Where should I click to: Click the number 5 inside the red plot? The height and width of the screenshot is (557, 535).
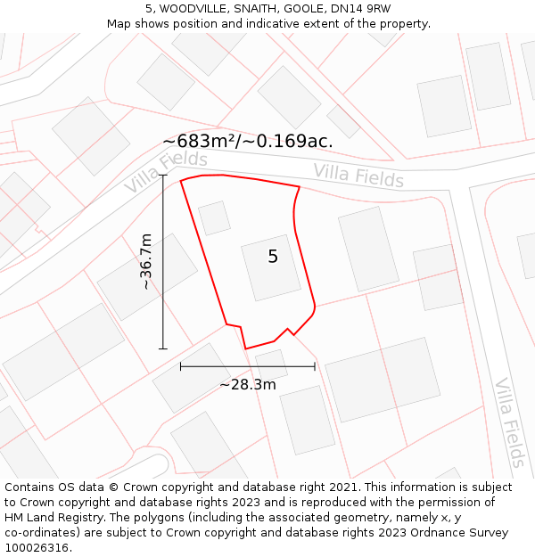coord(273,257)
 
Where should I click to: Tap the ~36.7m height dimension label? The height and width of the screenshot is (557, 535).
coord(146,262)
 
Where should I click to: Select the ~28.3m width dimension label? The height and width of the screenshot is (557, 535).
coord(248,384)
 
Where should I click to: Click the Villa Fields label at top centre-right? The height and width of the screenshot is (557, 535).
coord(358,175)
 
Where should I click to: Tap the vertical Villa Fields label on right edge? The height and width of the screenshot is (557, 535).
coord(510,422)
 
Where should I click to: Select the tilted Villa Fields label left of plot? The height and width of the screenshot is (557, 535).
coord(165,172)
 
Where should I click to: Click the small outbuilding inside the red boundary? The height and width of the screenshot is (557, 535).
coord(214,217)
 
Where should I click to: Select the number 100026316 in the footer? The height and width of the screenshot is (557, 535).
coord(36,548)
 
